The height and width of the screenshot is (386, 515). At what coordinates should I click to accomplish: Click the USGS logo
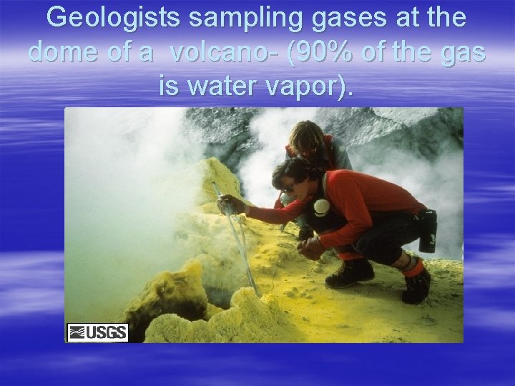coord(97,332)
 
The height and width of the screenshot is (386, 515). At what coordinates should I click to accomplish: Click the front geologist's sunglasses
coord(288,188)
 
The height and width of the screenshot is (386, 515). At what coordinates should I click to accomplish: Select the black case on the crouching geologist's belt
coord(428,229)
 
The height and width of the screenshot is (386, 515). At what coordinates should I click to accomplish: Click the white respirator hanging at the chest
coord(321,207)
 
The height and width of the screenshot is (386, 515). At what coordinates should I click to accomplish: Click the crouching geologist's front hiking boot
coord(350,272)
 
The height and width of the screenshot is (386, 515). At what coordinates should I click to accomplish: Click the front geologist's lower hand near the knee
coord(312,247)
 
